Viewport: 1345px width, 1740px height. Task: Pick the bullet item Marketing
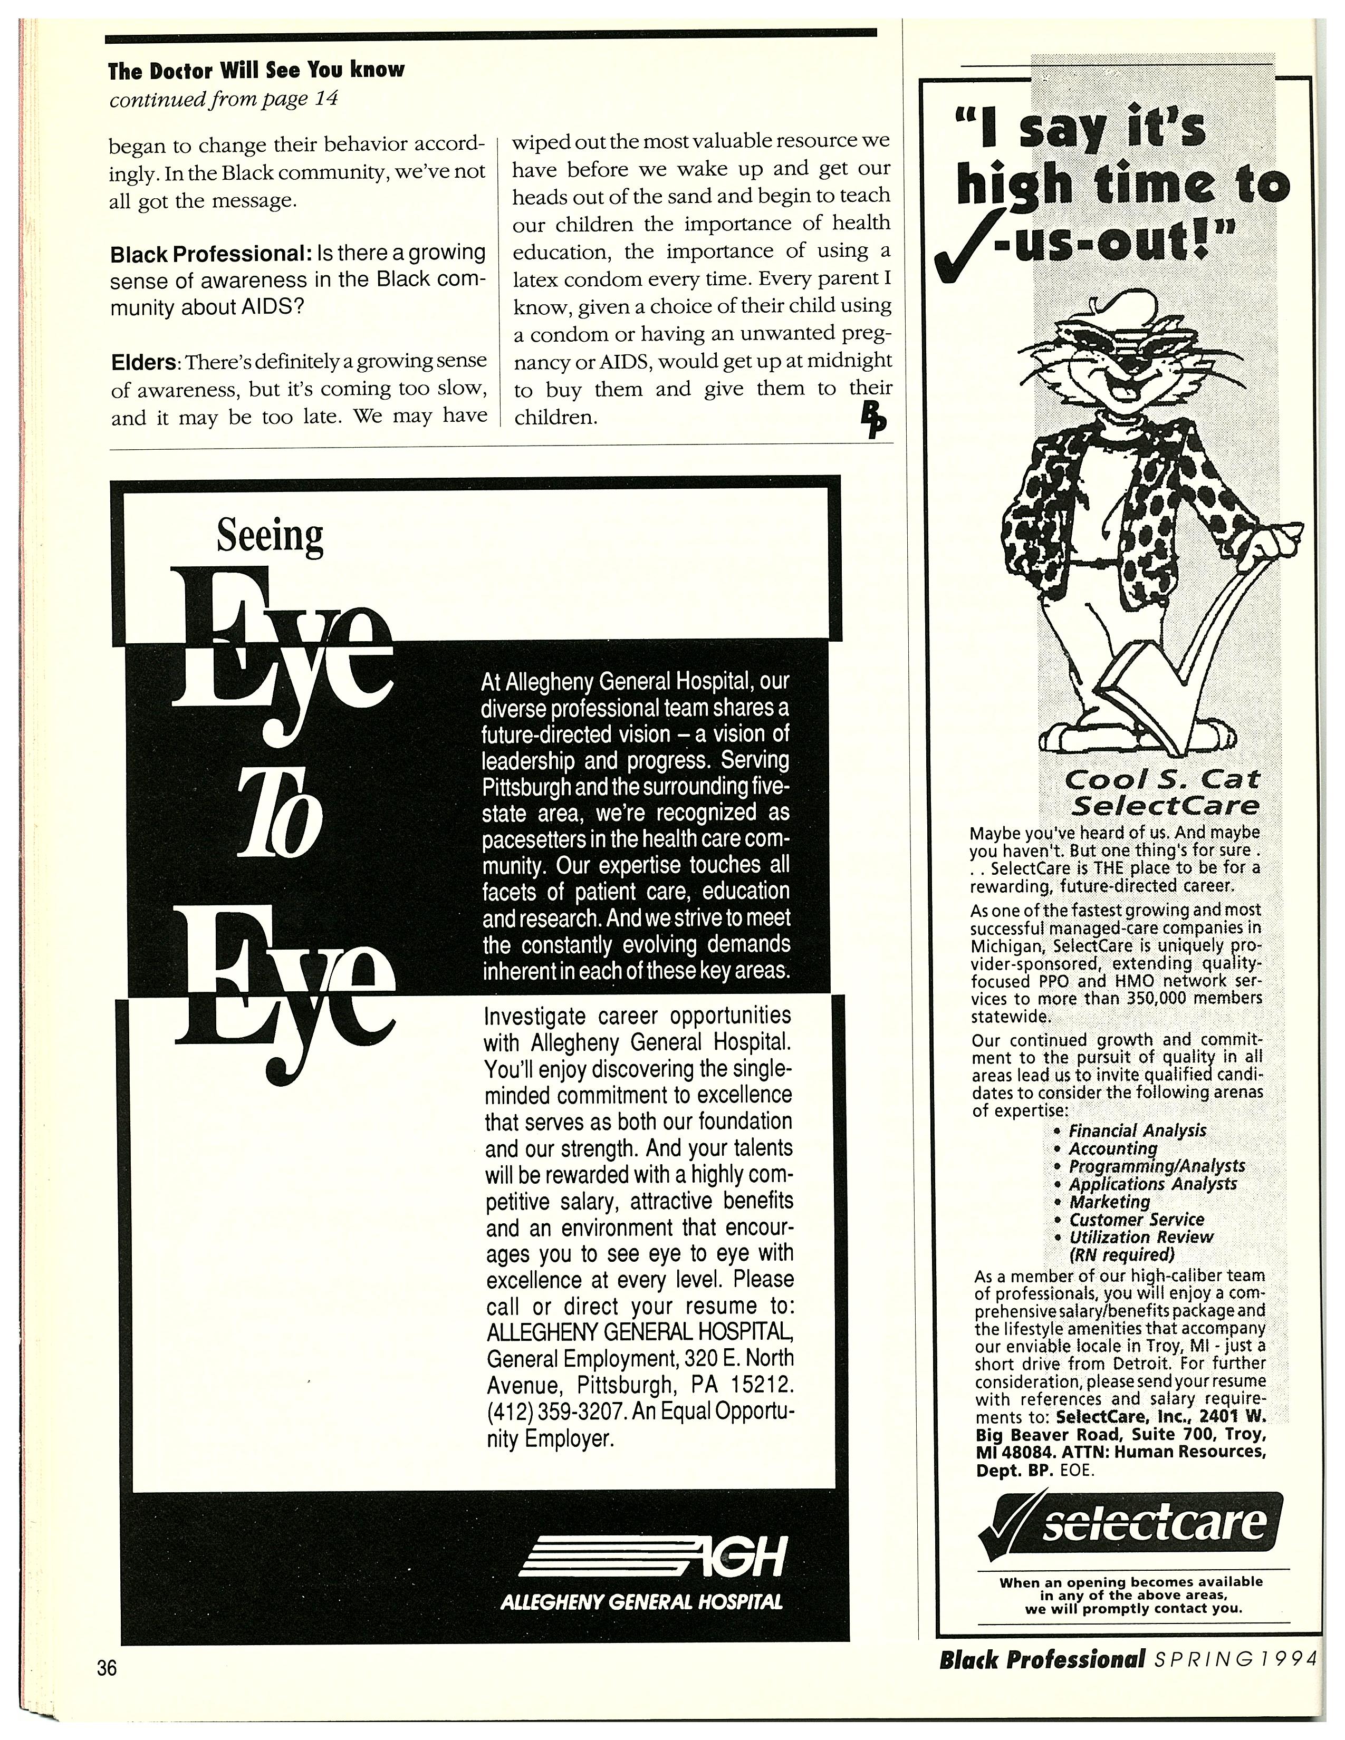pos(1109,1202)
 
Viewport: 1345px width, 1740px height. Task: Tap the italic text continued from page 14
pos(224,99)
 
